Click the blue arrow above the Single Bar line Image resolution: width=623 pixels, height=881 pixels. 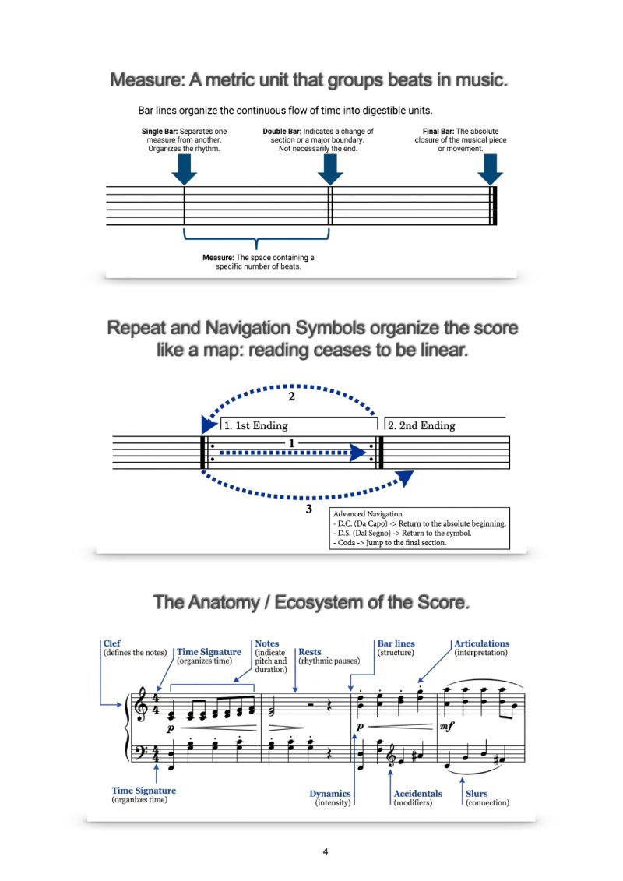click(185, 169)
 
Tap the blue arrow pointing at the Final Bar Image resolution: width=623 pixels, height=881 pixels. click(491, 169)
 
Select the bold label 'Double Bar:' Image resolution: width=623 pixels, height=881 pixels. click(282, 132)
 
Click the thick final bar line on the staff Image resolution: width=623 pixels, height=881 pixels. click(494, 206)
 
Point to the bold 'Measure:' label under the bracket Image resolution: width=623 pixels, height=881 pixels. click(218, 258)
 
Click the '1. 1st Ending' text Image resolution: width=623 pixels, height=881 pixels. click(255, 426)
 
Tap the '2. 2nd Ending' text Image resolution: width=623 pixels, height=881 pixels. click(421, 426)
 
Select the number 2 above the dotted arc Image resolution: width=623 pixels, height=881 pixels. click(291, 396)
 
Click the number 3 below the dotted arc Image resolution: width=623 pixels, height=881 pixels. click(308, 509)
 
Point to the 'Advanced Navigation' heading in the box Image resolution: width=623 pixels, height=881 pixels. click(368, 514)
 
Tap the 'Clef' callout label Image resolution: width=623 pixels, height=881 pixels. click(112, 643)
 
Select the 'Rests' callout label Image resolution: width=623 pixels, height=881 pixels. click(309, 652)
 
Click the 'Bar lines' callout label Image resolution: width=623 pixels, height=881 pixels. click(396, 643)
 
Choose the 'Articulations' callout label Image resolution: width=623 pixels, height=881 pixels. click(482, 643)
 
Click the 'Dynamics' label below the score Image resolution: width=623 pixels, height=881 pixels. click(329, 794)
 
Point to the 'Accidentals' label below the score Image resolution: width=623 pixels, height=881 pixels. click(418, 793)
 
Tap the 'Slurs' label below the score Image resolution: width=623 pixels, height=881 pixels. click(477, 793)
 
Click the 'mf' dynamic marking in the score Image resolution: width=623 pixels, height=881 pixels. click(446, 727)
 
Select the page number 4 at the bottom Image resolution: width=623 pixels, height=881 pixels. click(326, 851)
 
